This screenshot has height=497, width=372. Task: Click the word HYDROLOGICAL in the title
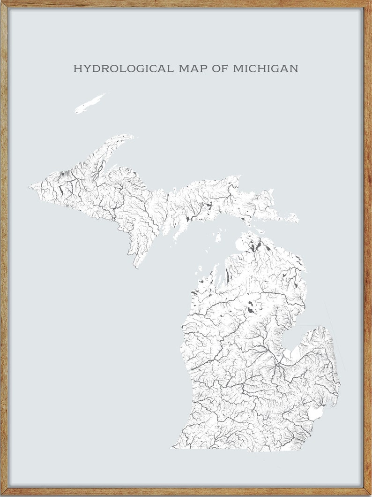(123, 69)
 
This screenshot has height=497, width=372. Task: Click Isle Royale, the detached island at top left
(89, 104)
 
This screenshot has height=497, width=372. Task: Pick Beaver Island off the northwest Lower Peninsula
(218, 237)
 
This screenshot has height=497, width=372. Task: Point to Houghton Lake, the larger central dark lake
(253, 311)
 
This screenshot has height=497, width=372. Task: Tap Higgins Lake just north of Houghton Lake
(251, 303)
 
